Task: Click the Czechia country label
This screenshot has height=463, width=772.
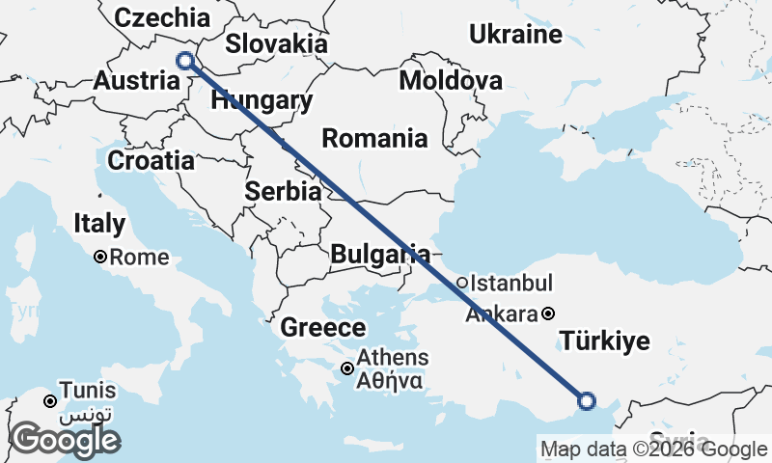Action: tap(161, 17)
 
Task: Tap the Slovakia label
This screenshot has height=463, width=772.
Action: tap(276, 44)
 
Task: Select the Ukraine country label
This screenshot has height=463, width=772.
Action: tap(515, 35)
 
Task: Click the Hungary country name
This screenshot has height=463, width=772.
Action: tap(262, 101)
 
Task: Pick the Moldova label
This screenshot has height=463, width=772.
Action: tap(450, 80)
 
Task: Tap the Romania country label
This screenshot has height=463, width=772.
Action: tap(374, 138)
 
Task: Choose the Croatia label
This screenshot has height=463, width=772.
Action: tap(151, 160)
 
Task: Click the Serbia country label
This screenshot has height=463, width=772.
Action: tap(283, 191)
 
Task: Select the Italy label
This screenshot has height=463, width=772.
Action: tap(99, 224)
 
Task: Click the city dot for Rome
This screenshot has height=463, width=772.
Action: tap(100, 258)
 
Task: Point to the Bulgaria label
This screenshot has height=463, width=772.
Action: tap(379, 255)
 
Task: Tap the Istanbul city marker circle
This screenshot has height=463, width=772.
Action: tap(462, 284)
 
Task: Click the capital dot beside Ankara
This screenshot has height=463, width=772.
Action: tap(548, 313)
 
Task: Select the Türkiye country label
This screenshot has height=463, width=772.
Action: tap(605, 341)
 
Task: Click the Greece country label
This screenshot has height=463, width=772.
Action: tap(323, 328)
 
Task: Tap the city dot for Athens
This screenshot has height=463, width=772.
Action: tap(347, 368)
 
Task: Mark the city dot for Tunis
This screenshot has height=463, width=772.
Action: tap(50, 400)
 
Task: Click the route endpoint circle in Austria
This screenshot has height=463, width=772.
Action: tap(185, 62)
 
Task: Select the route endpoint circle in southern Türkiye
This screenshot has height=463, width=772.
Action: tap(586, 400)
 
